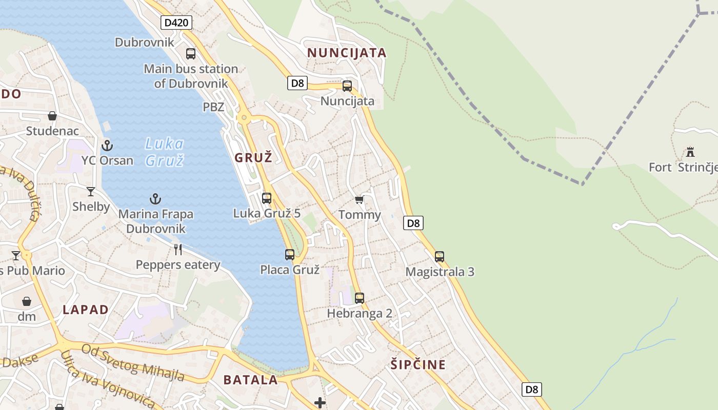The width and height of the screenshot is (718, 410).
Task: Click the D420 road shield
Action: click(176, 23)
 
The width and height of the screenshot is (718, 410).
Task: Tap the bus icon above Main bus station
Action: click(191, 53)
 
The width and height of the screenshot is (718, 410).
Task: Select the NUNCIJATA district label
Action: click(347, 53)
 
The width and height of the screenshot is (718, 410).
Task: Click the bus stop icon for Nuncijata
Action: click(347, 86)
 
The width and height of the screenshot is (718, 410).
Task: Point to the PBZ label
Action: click(213, 107)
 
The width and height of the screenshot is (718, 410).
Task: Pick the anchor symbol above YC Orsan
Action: click(107, 145)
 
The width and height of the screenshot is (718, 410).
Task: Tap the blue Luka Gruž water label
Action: click(164, 152)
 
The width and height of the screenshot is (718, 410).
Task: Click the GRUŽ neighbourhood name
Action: click(253, 158)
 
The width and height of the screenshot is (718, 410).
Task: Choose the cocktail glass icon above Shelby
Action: click(91, 192)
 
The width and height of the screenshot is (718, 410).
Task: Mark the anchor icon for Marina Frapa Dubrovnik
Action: click(155, 198)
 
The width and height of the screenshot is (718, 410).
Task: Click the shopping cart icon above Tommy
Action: click(359, 199)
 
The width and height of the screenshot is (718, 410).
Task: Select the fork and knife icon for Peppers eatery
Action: click(178, 250)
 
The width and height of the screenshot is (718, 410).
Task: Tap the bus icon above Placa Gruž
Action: click(290, 254)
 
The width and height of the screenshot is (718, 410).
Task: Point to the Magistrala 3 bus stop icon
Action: click(440, 257)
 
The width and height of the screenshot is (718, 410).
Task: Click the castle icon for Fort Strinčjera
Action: click(690, 152)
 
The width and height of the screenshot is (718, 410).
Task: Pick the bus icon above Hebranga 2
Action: click(360, 298)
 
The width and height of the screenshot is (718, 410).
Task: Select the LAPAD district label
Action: click(86, 310)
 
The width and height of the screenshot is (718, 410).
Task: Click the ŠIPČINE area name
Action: click(418, 365)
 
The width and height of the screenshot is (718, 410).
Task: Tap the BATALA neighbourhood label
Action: click(251, 380)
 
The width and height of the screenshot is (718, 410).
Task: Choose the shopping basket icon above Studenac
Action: click(52, 116)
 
